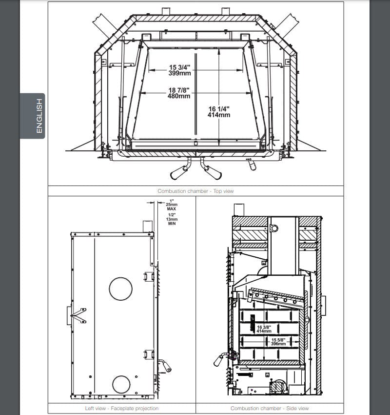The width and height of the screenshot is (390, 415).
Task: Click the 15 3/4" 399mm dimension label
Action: point(180,70)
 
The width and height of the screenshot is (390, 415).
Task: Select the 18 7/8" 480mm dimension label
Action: point(179,93)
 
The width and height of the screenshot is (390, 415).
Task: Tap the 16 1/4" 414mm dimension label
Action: point(219,112)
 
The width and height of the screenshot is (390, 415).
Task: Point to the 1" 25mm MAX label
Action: point(172,205)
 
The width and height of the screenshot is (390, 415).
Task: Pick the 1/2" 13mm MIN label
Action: point(172,219)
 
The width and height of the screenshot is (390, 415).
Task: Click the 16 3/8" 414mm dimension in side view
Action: point(264,329)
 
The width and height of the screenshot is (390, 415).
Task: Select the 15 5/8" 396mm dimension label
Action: point(278,342)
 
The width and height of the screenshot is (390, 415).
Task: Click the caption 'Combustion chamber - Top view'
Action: point(195,191)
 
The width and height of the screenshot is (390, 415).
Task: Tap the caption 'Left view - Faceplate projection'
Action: point(122,408)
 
